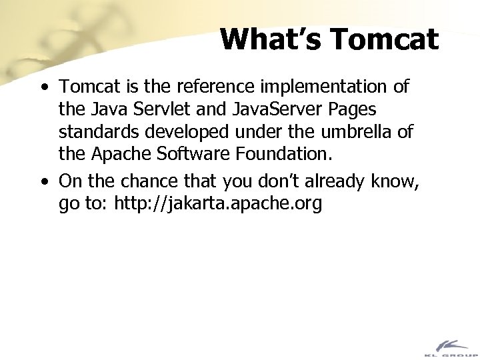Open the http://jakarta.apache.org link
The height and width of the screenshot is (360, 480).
click(x=219, y=204)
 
